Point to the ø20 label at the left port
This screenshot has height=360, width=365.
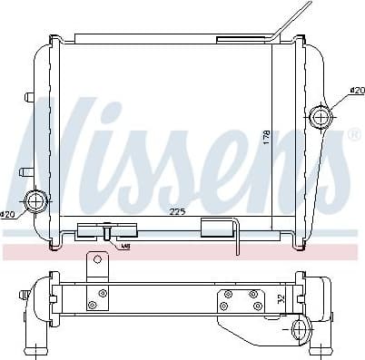click(x=8, y=214)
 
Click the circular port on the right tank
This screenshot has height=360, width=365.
click(x=321, y=117)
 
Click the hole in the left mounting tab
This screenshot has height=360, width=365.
click(x=95, y=262)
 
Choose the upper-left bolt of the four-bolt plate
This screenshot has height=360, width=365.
click(x=227, y=295)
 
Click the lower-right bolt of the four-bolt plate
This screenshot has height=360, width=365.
click(x=258, y=306)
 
